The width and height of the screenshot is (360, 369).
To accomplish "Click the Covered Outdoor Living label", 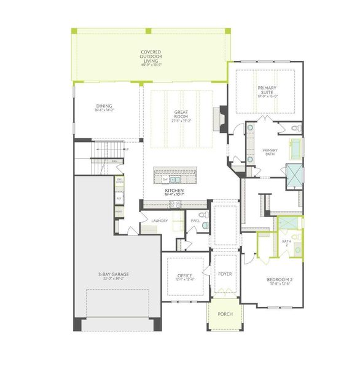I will pos(151,57).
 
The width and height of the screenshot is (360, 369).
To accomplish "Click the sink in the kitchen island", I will pos(173,180).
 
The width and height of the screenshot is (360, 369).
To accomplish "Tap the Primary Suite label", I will pos(268,92).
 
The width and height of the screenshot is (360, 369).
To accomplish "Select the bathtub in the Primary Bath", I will pos(295,148).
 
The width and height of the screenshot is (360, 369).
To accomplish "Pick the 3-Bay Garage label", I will pos(112,276).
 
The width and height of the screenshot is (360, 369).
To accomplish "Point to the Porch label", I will pos(225,314).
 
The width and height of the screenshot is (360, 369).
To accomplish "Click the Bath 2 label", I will pos(286,243).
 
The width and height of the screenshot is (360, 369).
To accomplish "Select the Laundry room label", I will pos(151,220).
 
